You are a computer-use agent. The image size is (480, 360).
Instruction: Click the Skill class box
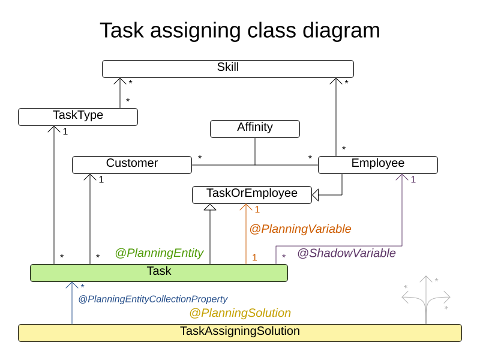(x=228, y=68)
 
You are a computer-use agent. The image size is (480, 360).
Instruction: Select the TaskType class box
(x=78, y=116)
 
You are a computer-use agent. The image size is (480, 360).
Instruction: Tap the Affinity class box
(x=255, y=128)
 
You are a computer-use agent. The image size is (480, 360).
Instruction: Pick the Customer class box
(x=132, y=164)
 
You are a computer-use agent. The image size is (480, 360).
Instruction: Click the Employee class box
(x=378, y=164)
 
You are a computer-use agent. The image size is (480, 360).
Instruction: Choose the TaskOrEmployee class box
(x=252, y=194)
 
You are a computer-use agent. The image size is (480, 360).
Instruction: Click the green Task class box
(x=159, y=272)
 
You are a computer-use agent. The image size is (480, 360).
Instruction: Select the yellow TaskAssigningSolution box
(x=240, y=332)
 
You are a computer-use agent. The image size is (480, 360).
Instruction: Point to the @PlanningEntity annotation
(x=159, y=253)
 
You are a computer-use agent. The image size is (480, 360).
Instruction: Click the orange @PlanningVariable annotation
(x=300, y=229)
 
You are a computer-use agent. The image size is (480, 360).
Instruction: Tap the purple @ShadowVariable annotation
(x=346, y=253)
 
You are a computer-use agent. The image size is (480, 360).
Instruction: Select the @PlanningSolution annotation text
(x=240, y=313)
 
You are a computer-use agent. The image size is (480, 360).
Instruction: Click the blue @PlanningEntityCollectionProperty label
(x=153, y=299)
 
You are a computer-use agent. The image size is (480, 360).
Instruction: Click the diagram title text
(x=240, y=30)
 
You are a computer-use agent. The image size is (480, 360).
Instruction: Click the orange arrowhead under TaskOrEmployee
(x=246, y=207)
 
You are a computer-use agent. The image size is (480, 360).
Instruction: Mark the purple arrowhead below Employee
(x=402, y=178)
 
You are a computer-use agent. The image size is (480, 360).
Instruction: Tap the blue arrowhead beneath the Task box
(x=72, y=286)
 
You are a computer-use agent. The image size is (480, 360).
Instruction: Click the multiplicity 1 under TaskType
(x=65, y=131)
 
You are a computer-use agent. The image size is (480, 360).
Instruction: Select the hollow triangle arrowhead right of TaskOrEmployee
(x=316, y=194)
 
